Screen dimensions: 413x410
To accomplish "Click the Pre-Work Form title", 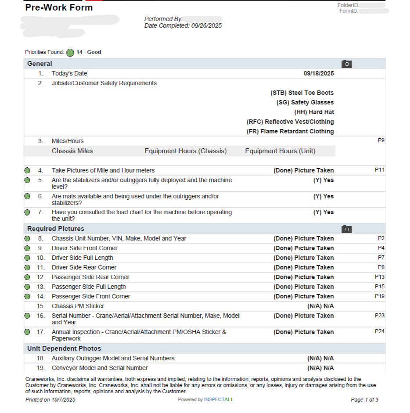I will click(x=59, y=7).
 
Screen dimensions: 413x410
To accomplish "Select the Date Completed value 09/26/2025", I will click(x=206, y=26).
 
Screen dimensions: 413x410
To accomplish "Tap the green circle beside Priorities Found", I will click(x=70, y=53).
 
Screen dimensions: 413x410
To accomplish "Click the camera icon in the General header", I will click(x=346, y=64).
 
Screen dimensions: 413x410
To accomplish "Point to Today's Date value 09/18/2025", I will click(x=319, y=74).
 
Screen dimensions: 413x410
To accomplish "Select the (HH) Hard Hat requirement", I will click(x=314, y=112).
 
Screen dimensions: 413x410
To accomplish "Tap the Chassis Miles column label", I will click(x=72, y=151).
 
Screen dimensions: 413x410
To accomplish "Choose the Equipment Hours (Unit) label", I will click(x=280, y=151).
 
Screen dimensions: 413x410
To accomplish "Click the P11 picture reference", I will click(x=380, y=170).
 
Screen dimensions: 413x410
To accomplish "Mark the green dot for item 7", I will click(x=27, y=212).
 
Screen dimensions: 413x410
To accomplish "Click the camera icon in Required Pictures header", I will click(x=346, y=229).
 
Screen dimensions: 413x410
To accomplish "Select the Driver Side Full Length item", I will click(x=83, y=258).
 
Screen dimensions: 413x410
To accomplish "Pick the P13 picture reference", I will click(x=380, y=277).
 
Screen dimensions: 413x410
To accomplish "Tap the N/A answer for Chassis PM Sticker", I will click(x=320, y=306).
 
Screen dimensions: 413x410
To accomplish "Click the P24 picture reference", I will click(x=380, y=331).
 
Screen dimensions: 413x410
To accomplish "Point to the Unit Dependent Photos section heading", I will click(x=64, y=348).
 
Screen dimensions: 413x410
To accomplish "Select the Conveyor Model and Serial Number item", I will click(x=100, y=368).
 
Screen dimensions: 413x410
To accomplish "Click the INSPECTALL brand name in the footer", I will click(x=219, y=400).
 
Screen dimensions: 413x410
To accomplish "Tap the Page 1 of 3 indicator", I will click(x=364, y=400).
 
